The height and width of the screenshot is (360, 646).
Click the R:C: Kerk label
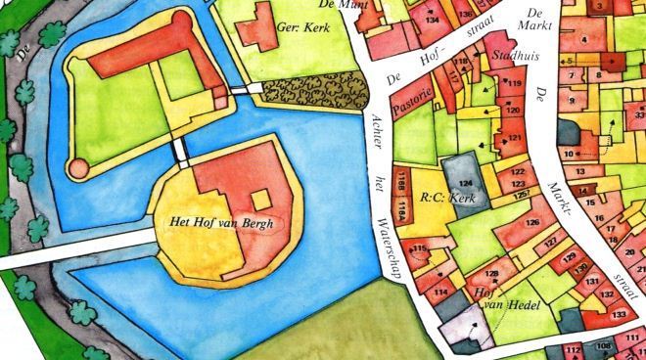(x=447, y=199)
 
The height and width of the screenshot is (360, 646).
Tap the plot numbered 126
(x=532, y=223)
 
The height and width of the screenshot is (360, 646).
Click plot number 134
(x=433, y=19)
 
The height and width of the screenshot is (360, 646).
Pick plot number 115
(x=419, y=250)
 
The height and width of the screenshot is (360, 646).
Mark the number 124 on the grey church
(x=466, y=183)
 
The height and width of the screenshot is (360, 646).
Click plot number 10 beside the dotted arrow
(x=570, y=154)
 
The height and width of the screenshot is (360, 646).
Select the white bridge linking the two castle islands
(x=180, y=152)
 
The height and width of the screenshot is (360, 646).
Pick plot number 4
(x=583, y=40)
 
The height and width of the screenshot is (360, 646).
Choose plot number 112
(x=574, y=349)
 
